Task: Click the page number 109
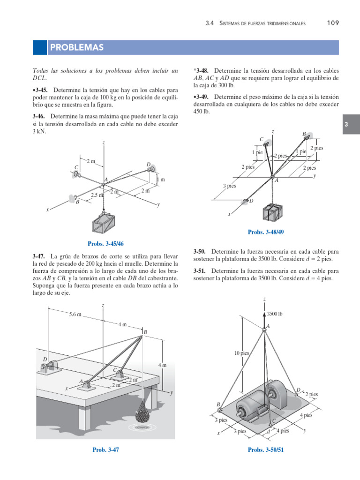(333, 23)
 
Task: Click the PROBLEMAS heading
(76, 48)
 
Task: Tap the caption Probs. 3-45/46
(105, 243)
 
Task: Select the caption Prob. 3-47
(105, 450)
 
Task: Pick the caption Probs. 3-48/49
(266, 232)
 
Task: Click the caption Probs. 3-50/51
(266, 450)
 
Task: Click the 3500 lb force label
(275, 314)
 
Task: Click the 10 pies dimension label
(241, 353)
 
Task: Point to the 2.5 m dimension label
(97, 195)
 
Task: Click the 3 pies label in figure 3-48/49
(230, 186)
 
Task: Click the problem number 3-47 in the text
(38, 256)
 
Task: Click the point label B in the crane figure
(145, 332)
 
